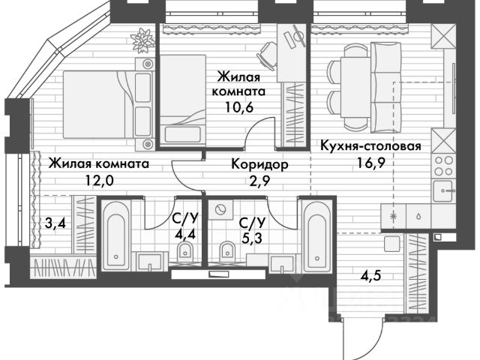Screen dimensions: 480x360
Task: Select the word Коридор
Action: (x=259, y=163)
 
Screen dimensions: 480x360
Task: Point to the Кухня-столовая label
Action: (x=370, y=145)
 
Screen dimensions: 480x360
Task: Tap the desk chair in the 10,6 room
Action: (x=268, y=52)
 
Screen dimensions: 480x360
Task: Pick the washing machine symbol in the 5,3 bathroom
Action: (x=222, y=206)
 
